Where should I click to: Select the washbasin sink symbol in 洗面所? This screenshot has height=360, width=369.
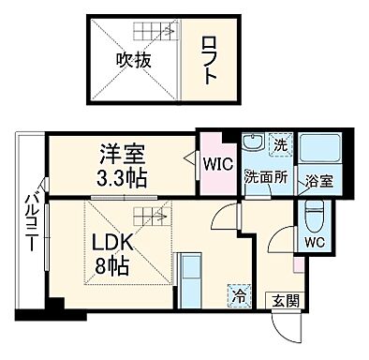click(x=252, y=146)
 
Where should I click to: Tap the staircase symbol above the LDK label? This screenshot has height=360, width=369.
click(x=149, y=217)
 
